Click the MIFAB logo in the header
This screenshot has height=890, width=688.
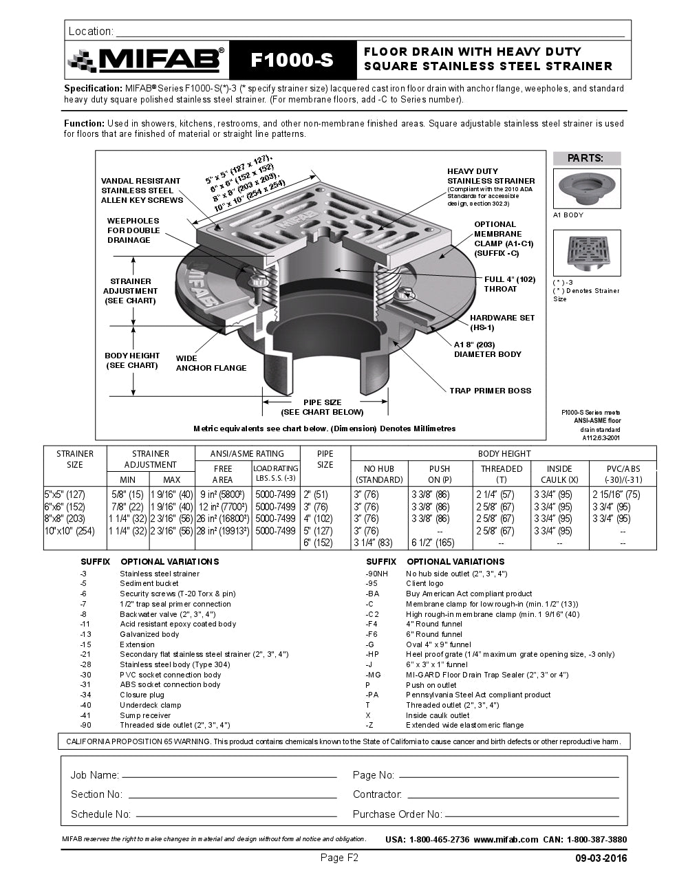146,61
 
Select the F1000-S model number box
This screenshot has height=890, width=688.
292,60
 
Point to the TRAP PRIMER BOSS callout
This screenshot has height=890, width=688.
490,391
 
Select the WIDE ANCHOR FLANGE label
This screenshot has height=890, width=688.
211,363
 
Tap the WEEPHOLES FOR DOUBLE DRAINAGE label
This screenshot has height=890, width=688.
133,230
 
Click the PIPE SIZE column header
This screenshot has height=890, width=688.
325,459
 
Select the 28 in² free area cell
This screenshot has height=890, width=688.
222,531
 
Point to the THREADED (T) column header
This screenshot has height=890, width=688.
502,474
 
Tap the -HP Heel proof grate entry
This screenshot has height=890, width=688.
509,655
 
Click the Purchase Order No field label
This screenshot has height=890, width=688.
397,814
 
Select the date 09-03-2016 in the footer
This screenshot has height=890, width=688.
601,858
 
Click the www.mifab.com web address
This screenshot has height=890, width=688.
505,840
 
